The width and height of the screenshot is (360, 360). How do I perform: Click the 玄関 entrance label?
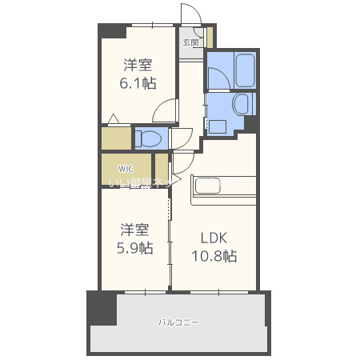[x=190, y=42]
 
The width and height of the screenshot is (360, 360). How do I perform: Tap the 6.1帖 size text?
[x=138, y=82]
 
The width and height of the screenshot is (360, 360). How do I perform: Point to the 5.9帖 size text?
[x=136, y=248]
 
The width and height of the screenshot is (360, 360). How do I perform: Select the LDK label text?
[x=214, y=238]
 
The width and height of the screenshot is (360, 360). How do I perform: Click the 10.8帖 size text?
[x=214, y=256]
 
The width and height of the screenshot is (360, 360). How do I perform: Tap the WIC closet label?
[x=126, y=169]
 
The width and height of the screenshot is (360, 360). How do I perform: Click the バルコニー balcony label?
[x=178, y=322]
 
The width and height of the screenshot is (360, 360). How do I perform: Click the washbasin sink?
[x=240, y=106]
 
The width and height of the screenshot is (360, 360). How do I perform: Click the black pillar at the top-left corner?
[x=113, y=31]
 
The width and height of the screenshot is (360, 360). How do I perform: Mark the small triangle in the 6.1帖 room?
[x=114, y=120]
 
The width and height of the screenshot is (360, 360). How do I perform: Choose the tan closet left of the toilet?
[x=116, y=138]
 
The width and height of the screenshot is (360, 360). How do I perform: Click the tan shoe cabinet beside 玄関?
[x=210, y=38]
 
